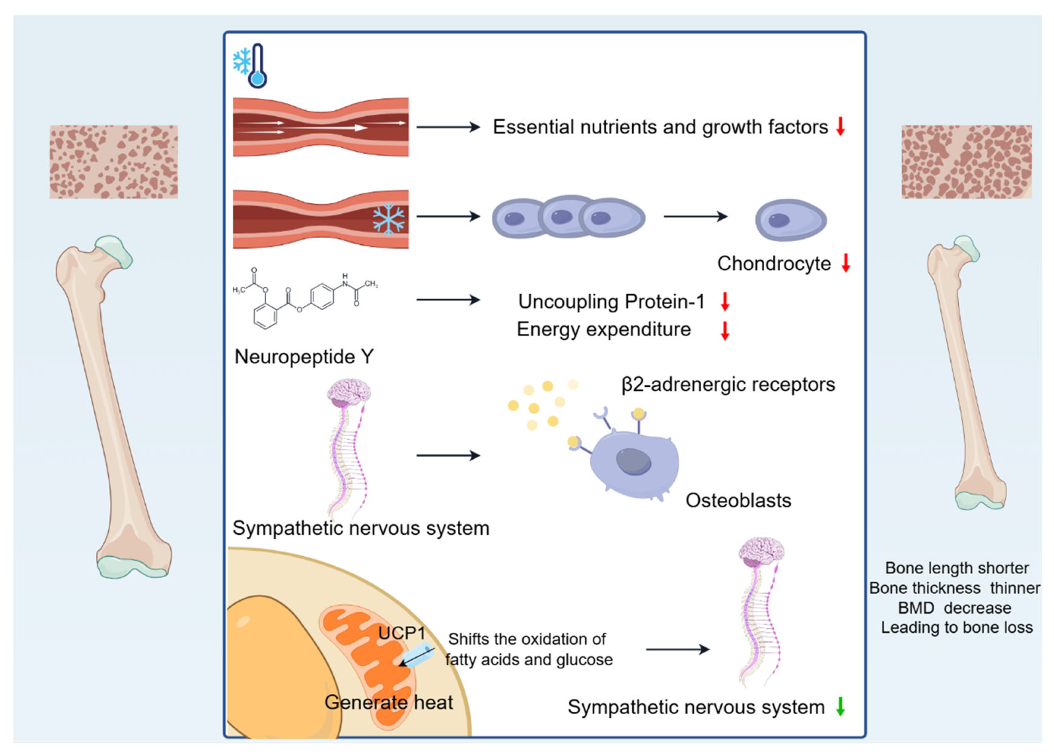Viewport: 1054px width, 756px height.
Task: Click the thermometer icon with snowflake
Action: point(251,66)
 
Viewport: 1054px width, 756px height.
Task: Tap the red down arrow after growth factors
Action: point(840,126)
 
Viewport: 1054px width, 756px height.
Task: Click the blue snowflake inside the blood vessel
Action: point(388,219)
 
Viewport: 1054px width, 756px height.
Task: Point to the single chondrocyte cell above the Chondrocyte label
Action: point(791,220)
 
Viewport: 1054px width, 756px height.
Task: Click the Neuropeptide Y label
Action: point(304,357)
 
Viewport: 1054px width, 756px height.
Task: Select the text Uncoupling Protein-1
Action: point(611,302)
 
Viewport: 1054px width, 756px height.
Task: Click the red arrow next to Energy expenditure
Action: point(725,330)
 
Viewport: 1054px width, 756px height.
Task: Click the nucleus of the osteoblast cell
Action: point(633,461)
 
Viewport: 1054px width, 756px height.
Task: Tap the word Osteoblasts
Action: point(738,500)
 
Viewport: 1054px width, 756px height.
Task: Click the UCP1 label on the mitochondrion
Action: point(401,633)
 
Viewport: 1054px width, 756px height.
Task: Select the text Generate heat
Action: point(388,702)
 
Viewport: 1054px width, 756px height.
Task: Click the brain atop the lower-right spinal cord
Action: point(761,552)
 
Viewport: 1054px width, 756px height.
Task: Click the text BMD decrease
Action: point(955,608)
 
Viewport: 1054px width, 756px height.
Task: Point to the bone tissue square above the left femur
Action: point(113,162)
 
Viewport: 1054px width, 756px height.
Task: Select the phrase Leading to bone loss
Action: point(957,628)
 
